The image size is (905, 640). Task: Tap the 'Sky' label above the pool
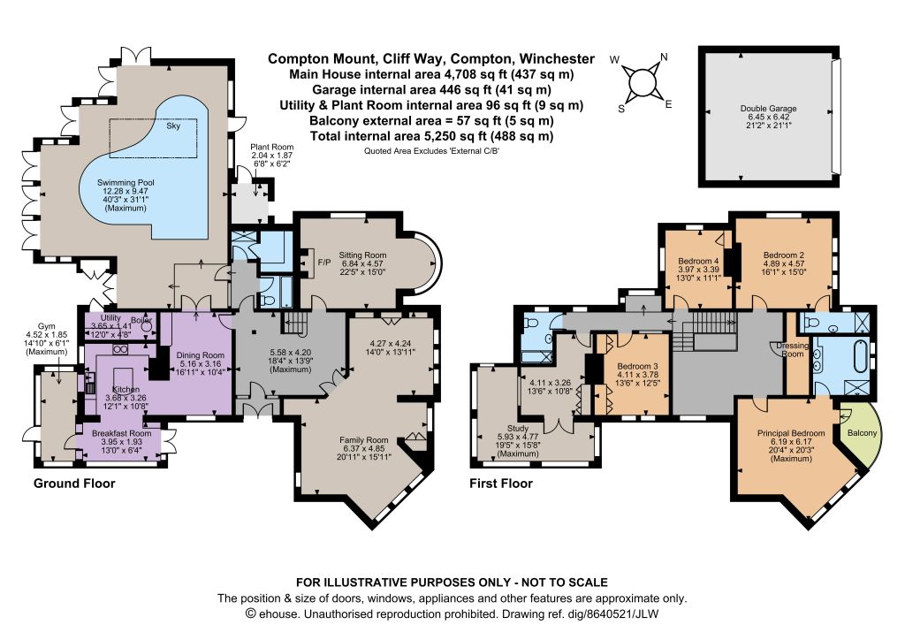(173, 126)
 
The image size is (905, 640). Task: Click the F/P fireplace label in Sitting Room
(324, 263)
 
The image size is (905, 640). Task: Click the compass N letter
(664, 57)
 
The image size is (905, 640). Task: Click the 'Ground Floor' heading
(74, 484)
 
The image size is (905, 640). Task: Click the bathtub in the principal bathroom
(860, 358)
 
